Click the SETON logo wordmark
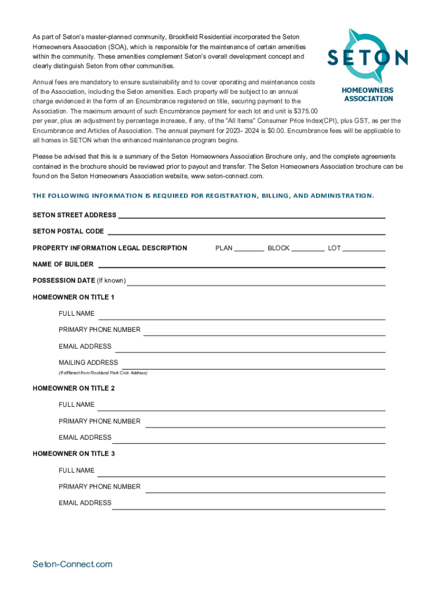pyautogui.click(x=368, y=57)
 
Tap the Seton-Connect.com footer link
pyautogui.click(x=73, y=564)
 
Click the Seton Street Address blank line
pyautogui.click(x=251, y=215)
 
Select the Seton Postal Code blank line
pyautogui.click(x=246, y=232)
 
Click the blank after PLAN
pyautogui.click(x=249, y=249)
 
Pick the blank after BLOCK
pyautogui.click(x=308, y=249)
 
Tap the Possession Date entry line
pyautogui.click(x=256, y=282)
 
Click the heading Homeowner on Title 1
pyautogui.click(x=74, y=297)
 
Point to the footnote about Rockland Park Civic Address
pyautogui.click(x=103, y=373)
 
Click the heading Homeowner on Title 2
pyautogui.click(x=74, y=388)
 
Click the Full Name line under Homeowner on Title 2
pyautogui.click(x=241, y=407)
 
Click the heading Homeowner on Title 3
pyautogui.click(x=74, y=454)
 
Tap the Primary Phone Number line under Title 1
pyautogui.click(x=264, y=332)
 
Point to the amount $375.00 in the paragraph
pyautogui.click(x=306, y=111)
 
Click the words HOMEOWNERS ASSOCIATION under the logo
pyautogui.click(x=368, y=94)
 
